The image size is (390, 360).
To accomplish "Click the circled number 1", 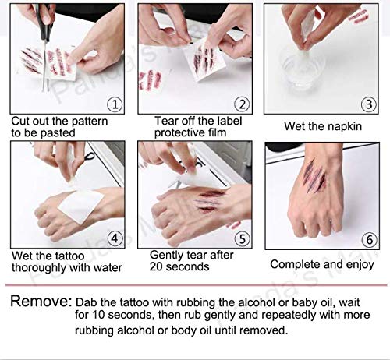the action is click(x=115, y=104).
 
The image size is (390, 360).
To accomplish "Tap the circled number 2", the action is click(x=242, y=104).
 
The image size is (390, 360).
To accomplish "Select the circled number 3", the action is click(x=369, y=104).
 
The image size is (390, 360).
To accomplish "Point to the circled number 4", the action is click(x=115, y=238).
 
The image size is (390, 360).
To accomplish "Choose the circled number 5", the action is click(x=242, y=238).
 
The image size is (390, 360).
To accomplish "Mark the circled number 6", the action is click(x=370, y=240).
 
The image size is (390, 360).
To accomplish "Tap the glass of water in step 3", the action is click(x=302, y=68).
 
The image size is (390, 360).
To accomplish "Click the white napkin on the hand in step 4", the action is click(x=81, y=206).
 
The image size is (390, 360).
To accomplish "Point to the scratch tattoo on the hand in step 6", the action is click(x=314, y=178).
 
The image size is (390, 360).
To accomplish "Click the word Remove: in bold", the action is click(x=41, y=302).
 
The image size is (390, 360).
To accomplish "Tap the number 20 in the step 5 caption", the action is click(x=156, y=266).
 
